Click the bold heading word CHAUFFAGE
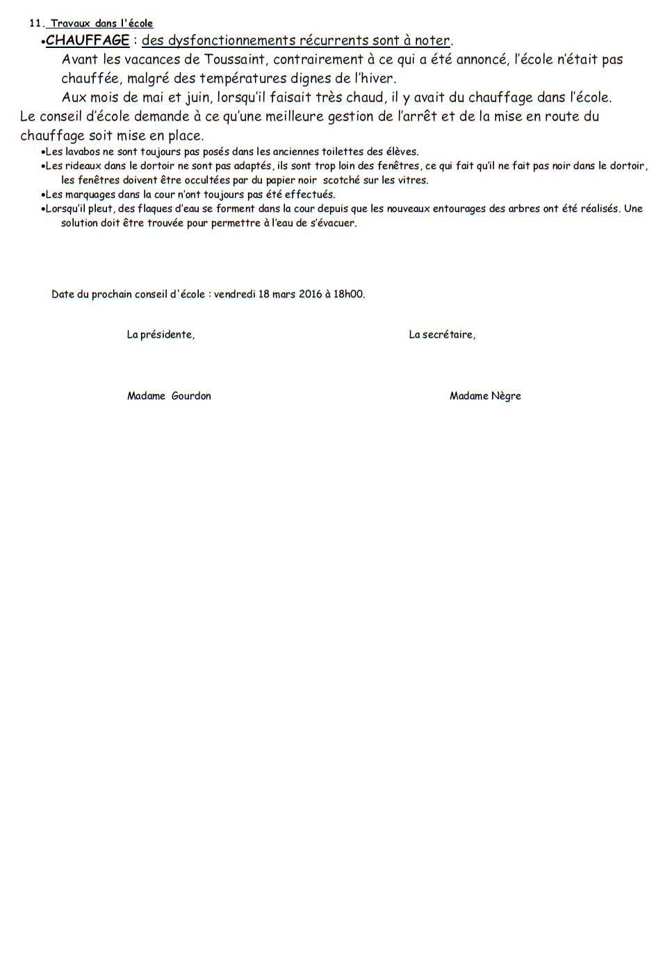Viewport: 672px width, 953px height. click(88, 40)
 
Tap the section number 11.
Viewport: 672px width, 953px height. click(35, 23)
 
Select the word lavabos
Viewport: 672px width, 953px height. click(83, 151)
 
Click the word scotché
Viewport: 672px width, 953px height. click(341, 180)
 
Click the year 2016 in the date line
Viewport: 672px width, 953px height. click(310, 294)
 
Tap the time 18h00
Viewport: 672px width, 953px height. click(348, 294)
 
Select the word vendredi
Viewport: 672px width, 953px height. click(234, 294)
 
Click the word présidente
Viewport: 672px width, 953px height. click(167, 335)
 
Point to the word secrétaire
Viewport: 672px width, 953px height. click(448, 335)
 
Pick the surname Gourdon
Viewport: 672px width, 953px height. click(191, 396)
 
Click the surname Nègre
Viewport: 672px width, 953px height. click(506, 396)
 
